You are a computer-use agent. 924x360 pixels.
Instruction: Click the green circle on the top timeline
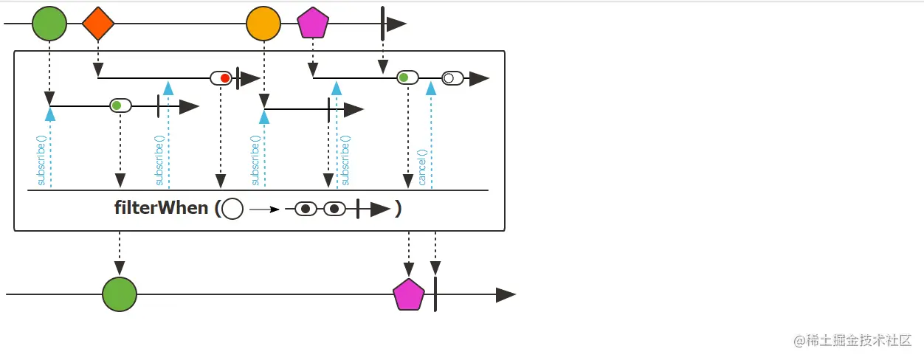click(x=49, y=24)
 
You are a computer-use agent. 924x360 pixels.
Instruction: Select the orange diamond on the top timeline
click(x=98, y=24)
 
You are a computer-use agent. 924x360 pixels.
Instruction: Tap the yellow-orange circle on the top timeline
click(x=263, y=24)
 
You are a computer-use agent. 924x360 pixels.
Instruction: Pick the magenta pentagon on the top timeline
click(x=313, y=24)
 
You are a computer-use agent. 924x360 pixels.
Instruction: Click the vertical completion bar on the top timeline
click(x=382, y=24)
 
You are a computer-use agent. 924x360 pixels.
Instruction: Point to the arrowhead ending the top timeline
click(x=396, y=24)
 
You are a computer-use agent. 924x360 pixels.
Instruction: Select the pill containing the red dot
click(x=221, y=78)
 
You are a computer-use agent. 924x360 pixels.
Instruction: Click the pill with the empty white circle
click(x=452, y=78)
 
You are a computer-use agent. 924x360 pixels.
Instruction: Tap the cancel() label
click(x=422, y=168)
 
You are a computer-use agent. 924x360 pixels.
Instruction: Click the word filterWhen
click(x=161, y=208)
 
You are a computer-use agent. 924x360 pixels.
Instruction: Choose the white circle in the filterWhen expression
click(x=232, y=210)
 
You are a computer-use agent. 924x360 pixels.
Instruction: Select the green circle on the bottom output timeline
click(x=120, y=294)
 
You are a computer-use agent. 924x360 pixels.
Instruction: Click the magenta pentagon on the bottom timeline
click(x=409, y=295)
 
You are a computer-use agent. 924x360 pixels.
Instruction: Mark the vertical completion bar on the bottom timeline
click(x=435, y=294)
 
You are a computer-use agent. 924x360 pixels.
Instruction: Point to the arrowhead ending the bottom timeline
click(x=506, y=295)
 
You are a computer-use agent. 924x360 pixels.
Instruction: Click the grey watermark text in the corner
click(x=852, y=340)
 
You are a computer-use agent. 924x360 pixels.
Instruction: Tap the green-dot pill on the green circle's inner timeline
click(x=120, y=105)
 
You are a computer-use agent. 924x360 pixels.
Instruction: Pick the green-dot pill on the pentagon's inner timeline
click(x=407, y=77)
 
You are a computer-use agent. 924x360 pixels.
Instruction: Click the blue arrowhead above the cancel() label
click(x=431, y=88)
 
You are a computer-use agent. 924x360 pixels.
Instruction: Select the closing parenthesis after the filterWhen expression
click(x=399, y=209)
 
